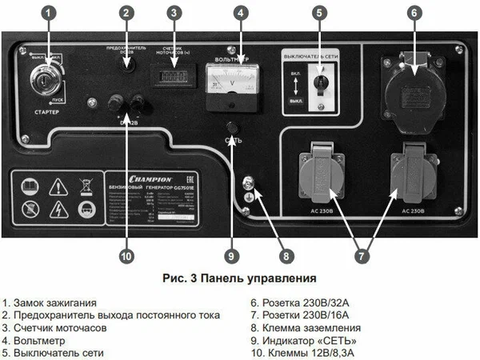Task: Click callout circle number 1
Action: coord(49,13)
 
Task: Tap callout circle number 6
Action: coord(414,13)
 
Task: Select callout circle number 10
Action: coord(126,256)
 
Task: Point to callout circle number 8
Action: coord(286,256)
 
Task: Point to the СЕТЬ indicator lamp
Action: coord(232,128)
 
